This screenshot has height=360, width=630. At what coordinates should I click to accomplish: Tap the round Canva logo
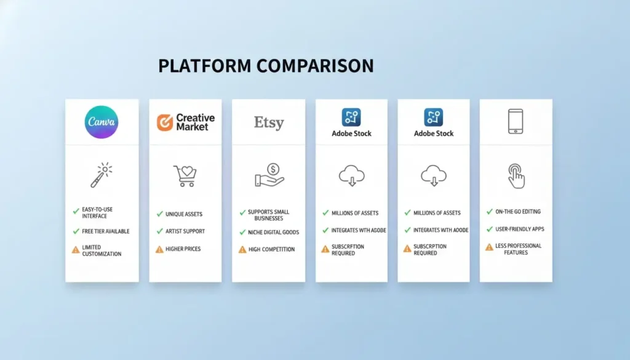click(x=102, y=122)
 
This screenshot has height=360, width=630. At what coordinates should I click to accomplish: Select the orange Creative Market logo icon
click(x=164, y=122)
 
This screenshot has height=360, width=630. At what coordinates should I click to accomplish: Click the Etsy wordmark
click(x=269, y=122)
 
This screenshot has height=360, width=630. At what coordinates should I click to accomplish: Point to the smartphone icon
click(x=516, y=121)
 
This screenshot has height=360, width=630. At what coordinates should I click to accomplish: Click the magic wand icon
click(x=102, y=175)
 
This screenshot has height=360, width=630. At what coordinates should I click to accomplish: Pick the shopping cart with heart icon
click(x=185, y=176)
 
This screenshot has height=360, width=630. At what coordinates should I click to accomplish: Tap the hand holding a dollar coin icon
click(x=269, y=175)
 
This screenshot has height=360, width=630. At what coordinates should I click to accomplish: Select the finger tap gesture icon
click(x=516, y=176)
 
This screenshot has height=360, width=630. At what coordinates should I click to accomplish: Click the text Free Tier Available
click(x=106, y=231)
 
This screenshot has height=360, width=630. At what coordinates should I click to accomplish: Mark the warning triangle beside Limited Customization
click(x=76, y=250)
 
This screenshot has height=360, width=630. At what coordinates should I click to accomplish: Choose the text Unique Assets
click(x=184, y=214)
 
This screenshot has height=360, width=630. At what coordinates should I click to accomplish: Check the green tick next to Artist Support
click(x=159, y=231)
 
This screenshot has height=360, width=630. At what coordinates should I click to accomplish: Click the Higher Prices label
click(x=183, y=249)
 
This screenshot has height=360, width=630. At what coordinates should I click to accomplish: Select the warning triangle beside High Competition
click(x=242, y=249)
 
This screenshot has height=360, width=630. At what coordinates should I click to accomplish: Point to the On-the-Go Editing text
click(x=518, y=212)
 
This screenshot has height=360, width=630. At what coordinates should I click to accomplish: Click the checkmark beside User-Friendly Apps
click(x=489, y=229)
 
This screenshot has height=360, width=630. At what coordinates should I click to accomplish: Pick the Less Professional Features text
click(x=518, y=249)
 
